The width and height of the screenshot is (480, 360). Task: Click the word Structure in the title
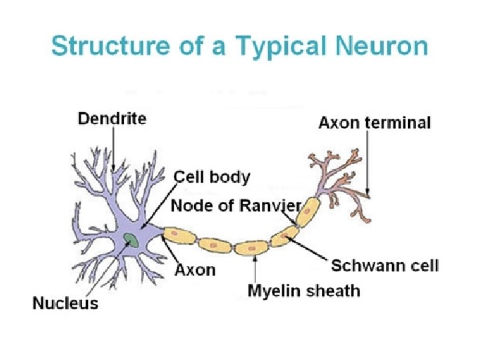click(x=100, y=47)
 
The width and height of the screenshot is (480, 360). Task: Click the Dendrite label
click(x=112, y=119)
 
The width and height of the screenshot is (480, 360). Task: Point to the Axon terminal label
click(x=375, y=123)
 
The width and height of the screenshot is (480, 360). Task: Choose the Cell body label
click(x=212, y=177)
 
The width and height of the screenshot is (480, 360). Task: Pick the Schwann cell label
click(x=385, y=265)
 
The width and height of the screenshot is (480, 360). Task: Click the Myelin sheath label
click(x=303, y=291)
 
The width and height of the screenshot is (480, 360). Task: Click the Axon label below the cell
click(x=195, y=270)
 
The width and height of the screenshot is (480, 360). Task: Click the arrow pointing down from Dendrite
click(x=113, y=148)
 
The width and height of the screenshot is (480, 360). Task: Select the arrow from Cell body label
click(x=157, y=207)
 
